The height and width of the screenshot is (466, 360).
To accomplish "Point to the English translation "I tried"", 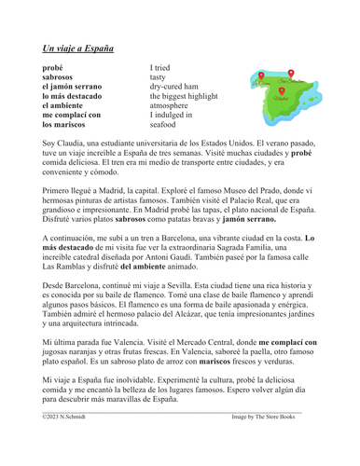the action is [x=164, y=67].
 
